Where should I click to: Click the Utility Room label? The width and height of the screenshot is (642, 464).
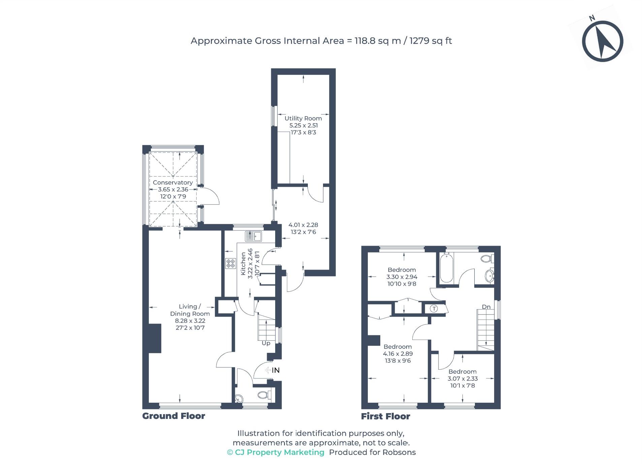tap(303, 118)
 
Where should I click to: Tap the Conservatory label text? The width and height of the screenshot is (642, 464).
tap(173, 183)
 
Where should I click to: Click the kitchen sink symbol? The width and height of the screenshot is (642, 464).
tap(254, 236)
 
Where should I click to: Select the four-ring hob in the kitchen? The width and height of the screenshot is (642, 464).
tap(231, 263)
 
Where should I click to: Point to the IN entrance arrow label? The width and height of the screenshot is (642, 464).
tap(275, 370)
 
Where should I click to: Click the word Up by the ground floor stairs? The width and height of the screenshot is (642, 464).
tap(266, 343)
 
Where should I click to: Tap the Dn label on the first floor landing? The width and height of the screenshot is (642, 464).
tap(486, 307)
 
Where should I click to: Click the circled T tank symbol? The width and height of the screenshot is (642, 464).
tap(434, 308)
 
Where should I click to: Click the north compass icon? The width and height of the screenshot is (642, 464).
tap(602, 41)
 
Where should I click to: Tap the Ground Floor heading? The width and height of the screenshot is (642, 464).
tap(173, 416)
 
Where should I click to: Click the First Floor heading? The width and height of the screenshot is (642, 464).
tap(385, 416)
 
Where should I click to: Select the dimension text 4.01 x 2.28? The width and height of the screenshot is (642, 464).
tap(303, 225)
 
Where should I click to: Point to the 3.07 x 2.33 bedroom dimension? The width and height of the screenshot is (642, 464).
tap(462, 378)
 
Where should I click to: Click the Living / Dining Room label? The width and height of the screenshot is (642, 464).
tap(190, 310)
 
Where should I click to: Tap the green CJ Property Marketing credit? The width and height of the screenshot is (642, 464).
tap(276, 452)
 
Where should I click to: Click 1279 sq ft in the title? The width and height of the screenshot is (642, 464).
tap(430, 41)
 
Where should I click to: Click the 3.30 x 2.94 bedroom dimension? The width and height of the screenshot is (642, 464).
tap(402, 277)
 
